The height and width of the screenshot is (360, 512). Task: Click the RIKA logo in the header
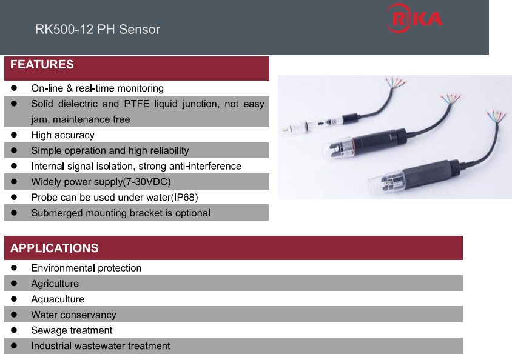point(414,18)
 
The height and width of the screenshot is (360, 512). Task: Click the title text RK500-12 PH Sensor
point(98,29)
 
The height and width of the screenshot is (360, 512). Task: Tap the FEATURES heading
point(42,64)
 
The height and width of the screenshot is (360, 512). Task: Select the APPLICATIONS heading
point(54,248)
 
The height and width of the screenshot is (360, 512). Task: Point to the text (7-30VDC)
point(147,182)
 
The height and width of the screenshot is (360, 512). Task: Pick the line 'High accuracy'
point(62,135)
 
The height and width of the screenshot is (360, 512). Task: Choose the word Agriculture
point(55,284)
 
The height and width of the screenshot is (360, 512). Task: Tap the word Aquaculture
point(58,299)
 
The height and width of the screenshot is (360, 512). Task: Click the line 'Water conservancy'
point(74,315)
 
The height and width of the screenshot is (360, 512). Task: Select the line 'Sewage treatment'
point(72,330)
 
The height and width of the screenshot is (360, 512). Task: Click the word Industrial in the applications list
point(52,345)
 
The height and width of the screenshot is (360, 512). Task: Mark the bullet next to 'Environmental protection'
point(14,268)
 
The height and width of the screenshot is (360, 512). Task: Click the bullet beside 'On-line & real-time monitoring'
point(14,88)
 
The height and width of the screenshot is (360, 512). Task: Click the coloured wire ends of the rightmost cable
point(496,116)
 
